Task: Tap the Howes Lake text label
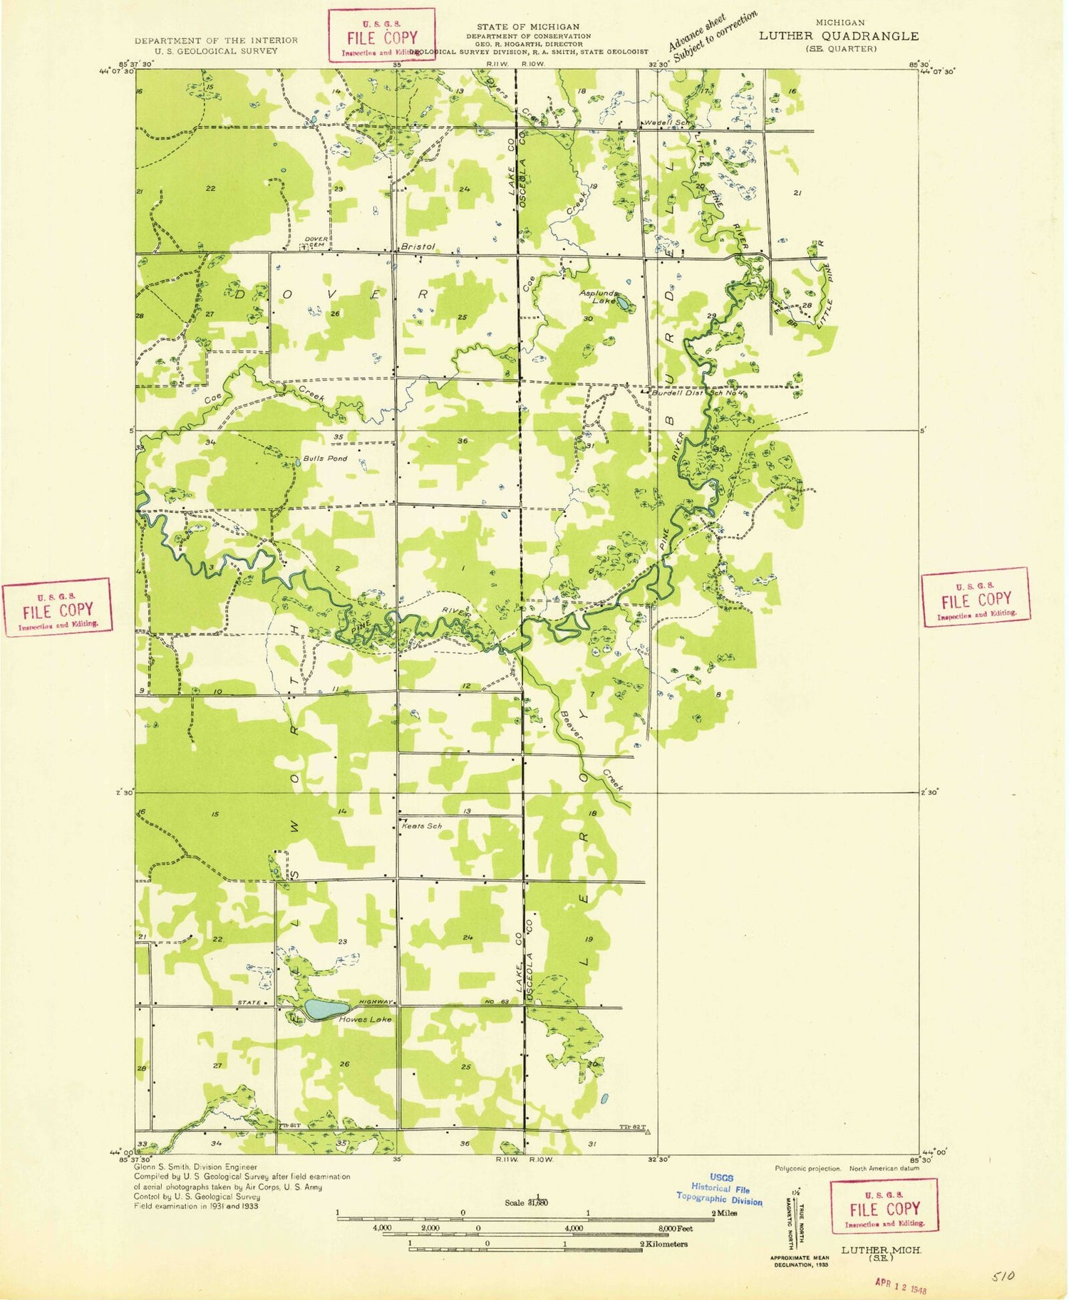pyautogui.click(x=366, y=1020)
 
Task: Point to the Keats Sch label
pyautogui.click(x=423, y=826)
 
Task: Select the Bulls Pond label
pyautogui.click(x=325, y=458)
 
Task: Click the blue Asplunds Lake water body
pyautogui.click(x=622, y=304)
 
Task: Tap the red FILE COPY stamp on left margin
pyautogui.click(x=57, y=607)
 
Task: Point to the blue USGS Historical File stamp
pyautogui.click(x=720, y=1190)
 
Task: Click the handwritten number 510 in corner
pyautogui.click(x=1003, y=1276)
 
